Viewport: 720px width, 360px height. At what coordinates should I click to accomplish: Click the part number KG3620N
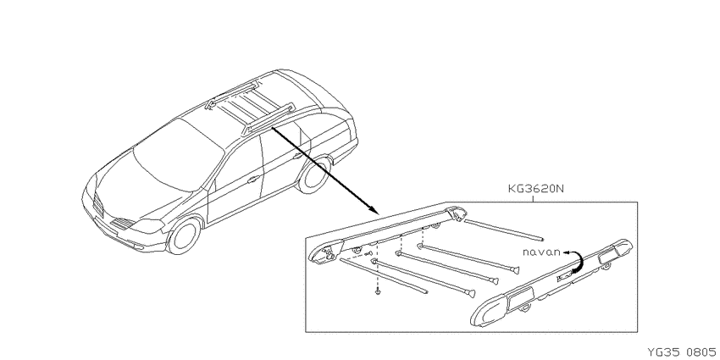pyautogui.click(x=535, y=189)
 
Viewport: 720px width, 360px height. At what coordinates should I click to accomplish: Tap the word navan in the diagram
pyautogui.click(x=542, y=252)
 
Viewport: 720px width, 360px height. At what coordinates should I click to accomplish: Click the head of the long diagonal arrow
pyautogui.click(x=373, y=210)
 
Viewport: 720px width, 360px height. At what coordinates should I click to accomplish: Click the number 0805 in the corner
pyautogui.click(x=702, y=352)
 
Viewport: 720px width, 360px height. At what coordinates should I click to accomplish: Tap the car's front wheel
pyautogui.click(x=184, y=235)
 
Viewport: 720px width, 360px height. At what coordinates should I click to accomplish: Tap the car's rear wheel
pyautogui.click(x=314, y=174)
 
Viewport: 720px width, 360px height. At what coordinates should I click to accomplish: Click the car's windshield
pyautogui.click(x=178, y=154)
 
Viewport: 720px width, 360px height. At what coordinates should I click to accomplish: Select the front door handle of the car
pyautogui.click(x=252, y=180)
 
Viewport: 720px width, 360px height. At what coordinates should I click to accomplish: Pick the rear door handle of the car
pyautogui.click(x=297, y=156)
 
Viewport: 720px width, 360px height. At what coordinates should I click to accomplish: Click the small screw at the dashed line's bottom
pyautogui.click(x=378, y=291)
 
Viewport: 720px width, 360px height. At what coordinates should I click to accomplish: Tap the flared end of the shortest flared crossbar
pyautogui.click(x=516, y=270)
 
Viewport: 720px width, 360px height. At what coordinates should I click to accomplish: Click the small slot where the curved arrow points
pyautogui.click(x=564, y=276)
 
